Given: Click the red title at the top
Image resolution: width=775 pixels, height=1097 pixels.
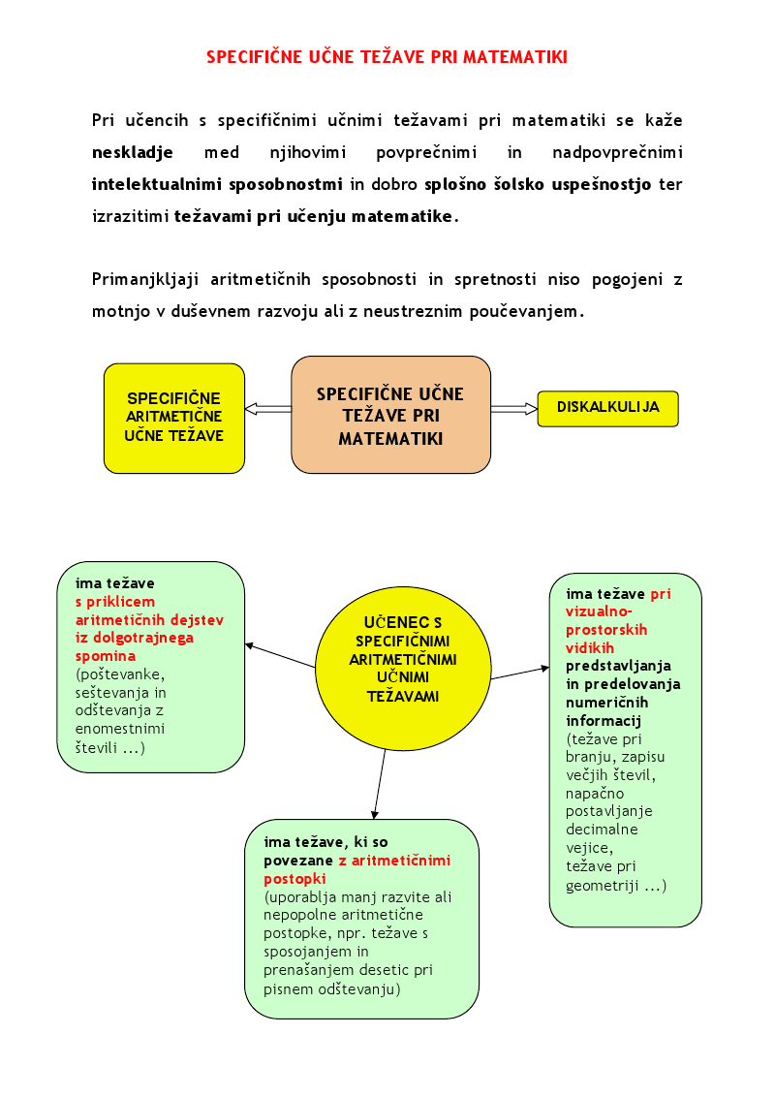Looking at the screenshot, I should click(387, 57).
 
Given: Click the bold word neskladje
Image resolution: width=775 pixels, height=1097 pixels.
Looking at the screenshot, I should click(133, 153).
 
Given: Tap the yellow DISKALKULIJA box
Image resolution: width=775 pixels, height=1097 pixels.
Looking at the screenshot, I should click(607, 408).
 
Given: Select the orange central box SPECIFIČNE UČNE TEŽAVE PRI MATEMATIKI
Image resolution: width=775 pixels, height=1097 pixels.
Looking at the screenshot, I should click(390, 415).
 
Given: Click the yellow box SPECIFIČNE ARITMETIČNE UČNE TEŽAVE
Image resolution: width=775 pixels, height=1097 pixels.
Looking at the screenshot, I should click(174, 418).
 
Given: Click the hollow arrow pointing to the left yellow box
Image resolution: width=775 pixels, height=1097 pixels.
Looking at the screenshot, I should click(268, 409).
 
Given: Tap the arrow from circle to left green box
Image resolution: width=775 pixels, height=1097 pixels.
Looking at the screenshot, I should click(280, 655).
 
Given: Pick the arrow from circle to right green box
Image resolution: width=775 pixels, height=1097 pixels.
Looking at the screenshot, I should click(520, 673).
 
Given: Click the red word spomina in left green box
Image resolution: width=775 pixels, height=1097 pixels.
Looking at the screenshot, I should click(106, 656).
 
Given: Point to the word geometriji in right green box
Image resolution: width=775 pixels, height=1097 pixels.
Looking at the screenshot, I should click(602, 886).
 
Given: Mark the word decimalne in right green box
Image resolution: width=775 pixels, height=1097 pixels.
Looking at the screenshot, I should click(602, 830).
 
